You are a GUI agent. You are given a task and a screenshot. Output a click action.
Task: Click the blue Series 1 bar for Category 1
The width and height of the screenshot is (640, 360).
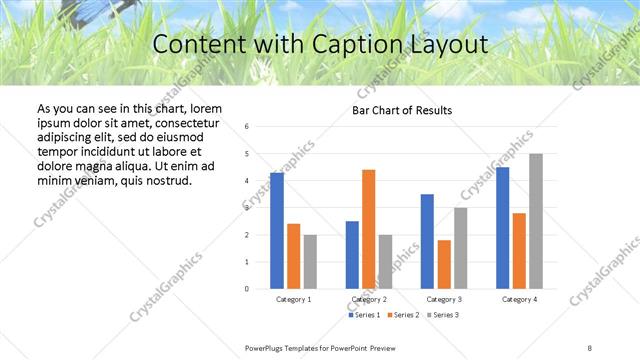pos(277,230)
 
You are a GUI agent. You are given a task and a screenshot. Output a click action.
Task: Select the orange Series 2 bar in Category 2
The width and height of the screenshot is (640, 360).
pos(368,229)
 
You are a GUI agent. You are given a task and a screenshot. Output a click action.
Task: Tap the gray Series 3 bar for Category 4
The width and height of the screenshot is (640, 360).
pos(536,221)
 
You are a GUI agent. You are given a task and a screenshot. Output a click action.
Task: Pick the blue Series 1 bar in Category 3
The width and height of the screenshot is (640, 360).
pos(427,241)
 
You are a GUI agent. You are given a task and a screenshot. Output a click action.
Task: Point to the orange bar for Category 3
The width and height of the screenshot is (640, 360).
pos(444,264)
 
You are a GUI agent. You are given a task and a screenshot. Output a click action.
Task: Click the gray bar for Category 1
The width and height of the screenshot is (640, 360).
pos(310,261)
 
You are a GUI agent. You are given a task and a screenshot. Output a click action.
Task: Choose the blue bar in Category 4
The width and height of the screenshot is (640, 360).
pos(503,227)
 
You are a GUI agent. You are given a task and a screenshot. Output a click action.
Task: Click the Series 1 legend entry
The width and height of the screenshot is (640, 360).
pos(365,315)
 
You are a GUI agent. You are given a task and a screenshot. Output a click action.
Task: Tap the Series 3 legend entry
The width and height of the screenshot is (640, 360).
pos(444,315)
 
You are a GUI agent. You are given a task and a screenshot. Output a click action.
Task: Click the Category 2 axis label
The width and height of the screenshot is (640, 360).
pos(369,299)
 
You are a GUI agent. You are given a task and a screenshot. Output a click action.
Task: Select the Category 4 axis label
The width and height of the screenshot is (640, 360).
pos(519,299)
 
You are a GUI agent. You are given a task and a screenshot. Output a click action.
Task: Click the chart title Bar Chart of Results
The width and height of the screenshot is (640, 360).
pos(402,110)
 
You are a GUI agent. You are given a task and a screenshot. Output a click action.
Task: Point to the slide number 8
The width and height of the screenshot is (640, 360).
pos(590,346)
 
